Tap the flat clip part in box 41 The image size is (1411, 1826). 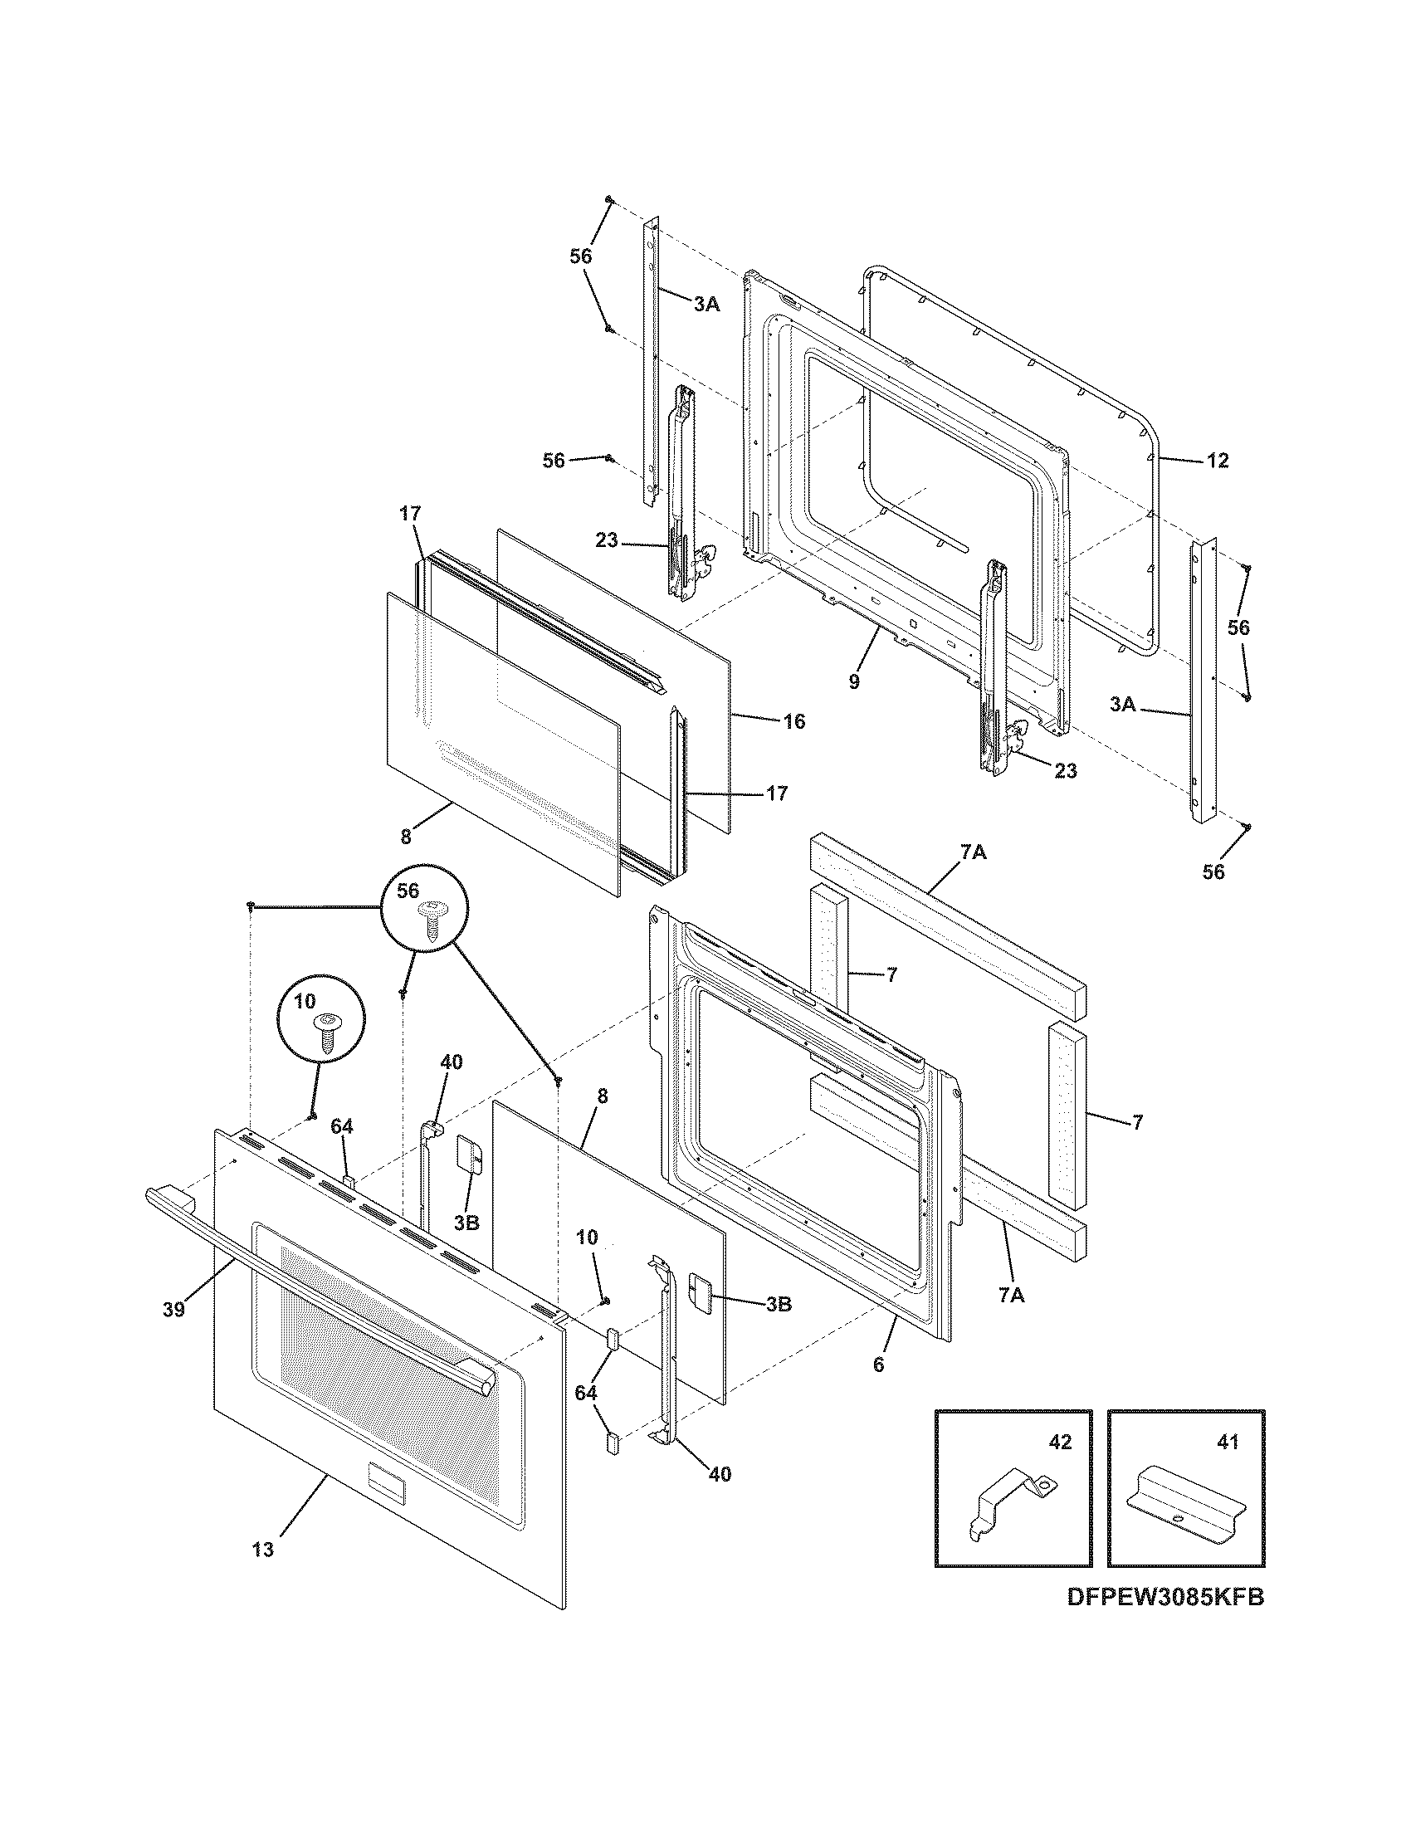coord(1184,1511)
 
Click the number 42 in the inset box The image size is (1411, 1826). coord(1059,1443)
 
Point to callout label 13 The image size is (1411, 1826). coord(262,1550)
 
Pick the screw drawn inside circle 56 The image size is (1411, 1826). coord(433,922)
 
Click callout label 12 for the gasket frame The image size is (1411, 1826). coord(1218,461)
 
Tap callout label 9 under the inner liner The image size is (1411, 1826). coord(853,681)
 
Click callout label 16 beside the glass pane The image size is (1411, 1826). coord(794,720)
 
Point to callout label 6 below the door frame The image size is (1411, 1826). coord(877,1365)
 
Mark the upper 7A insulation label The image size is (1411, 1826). coord(973,852)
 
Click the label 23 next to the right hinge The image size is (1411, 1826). coord(1065,771)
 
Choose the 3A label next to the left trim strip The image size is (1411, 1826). coord(706,305)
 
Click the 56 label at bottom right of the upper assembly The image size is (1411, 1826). coord(1213,872)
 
